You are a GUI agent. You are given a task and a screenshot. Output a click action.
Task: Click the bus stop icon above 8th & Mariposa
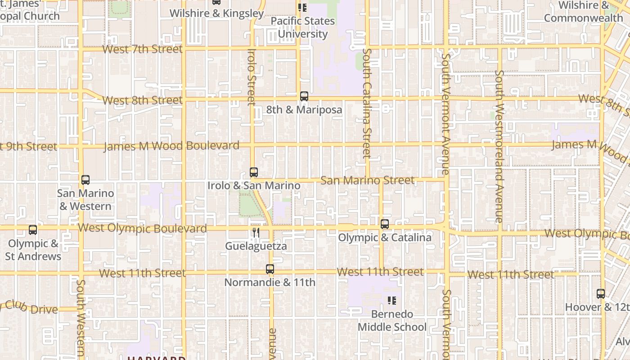click(x=304, y=96)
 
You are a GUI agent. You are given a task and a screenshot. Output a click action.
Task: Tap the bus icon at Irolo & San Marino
click(x=254, y=172)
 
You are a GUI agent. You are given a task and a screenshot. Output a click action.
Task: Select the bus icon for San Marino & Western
click(x=85, y=180)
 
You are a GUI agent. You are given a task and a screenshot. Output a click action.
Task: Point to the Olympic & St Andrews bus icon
click(x=33, y=230)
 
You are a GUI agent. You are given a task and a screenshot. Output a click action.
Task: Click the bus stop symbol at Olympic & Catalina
click(x=385, y=224)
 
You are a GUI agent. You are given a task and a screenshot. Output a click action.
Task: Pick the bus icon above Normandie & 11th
click(x=270, y=269)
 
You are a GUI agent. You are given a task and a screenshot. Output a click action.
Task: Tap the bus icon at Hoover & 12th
click(x=601, y=294)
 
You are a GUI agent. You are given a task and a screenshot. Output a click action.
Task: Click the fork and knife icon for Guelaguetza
click(x=256, y=233)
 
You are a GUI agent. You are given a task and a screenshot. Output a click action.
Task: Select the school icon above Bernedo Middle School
click(x=392, y=300)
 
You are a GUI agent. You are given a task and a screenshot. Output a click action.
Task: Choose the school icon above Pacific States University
click(x=302, y=8)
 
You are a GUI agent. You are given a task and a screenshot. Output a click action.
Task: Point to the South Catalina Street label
click(x=367, y=103)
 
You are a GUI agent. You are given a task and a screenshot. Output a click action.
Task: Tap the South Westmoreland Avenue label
click(x=499, y=146)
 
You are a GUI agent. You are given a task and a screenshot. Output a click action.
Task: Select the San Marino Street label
click(x=368, y=180)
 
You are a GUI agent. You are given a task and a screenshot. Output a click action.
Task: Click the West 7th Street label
click(x=143, y=49)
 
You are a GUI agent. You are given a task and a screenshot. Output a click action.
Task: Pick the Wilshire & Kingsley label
click(x=216, y=13)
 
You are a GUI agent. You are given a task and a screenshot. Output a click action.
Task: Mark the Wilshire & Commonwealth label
click(x=583, y=12)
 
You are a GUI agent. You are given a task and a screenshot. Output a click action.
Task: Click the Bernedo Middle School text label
click(x=392, y=320)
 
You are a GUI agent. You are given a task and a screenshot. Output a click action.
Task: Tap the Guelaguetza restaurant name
click(x=256, y=246)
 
